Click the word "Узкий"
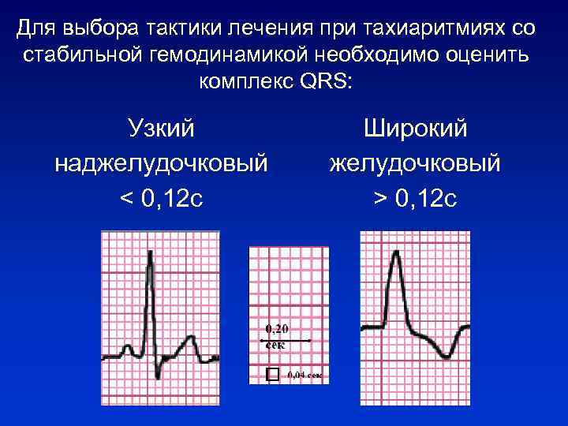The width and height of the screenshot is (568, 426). click(161, 127)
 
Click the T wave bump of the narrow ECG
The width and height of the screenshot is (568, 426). click(189, 339)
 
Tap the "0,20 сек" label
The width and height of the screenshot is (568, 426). click(276, 334)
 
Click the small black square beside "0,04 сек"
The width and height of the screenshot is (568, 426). click(272, 375)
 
